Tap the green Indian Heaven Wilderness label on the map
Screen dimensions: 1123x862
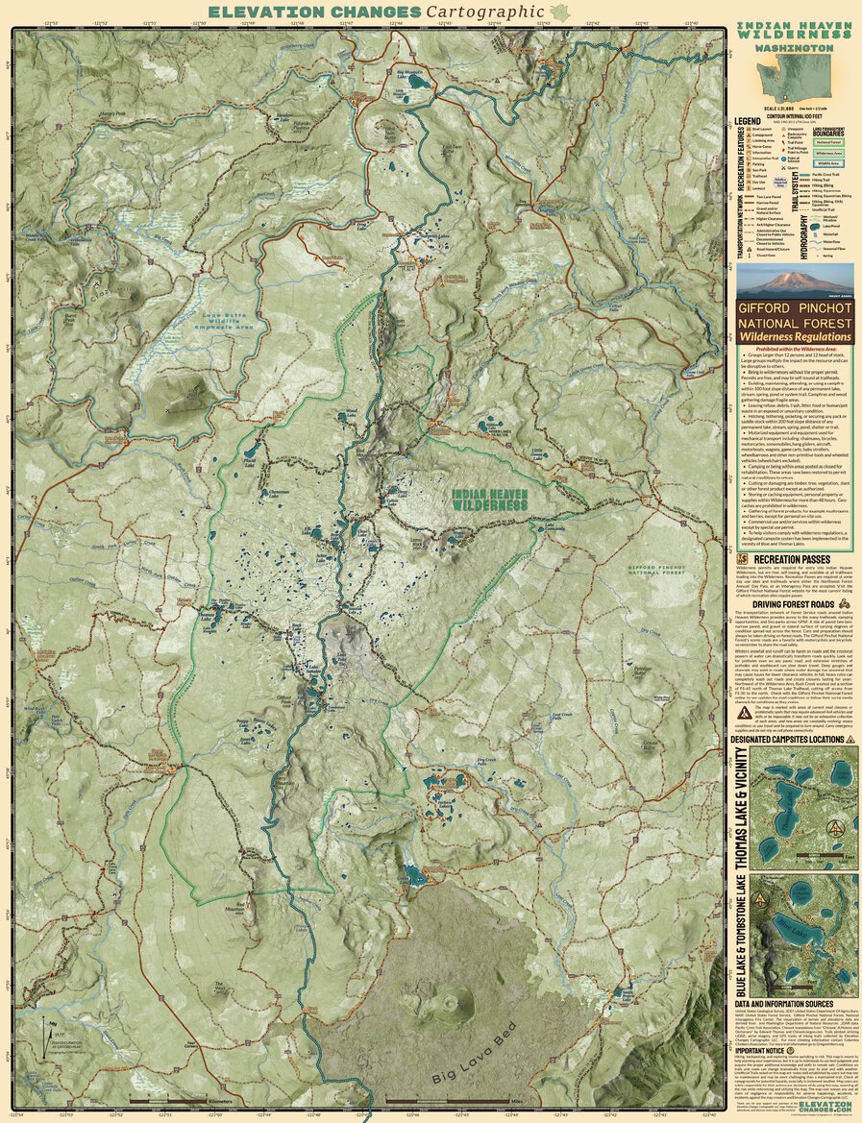coord(490,499)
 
